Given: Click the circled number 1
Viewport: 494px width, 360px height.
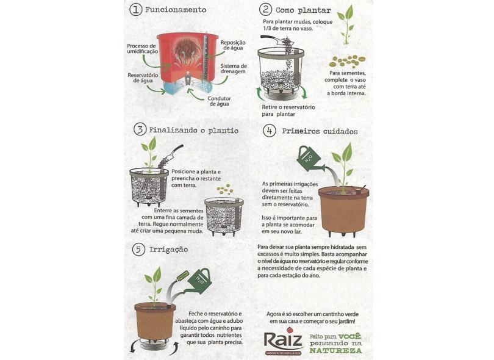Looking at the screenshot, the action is click(136, 9).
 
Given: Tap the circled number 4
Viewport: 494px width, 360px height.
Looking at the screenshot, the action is click(270, 131).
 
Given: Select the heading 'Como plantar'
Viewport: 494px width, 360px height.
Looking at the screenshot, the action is click(303, 10).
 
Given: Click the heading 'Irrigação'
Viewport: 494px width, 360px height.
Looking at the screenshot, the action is click(168, 250).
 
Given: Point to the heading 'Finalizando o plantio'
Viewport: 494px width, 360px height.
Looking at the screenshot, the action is click(193, 130).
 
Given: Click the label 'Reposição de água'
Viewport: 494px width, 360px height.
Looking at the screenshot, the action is click(233, 45).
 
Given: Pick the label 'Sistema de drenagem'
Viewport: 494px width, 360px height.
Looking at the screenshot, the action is click(234, 69).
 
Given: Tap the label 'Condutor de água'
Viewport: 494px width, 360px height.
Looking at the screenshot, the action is click(219, 101).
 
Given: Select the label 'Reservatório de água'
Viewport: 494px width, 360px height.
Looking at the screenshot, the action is click(143, 78).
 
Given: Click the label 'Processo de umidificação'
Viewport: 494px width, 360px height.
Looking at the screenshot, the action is click(142, 49).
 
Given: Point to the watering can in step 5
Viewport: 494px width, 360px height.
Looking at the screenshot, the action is click(199, 281).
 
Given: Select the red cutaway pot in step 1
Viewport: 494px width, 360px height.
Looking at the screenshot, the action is click(187, 63).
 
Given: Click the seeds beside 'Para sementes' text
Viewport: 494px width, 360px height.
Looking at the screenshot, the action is click(348, 62).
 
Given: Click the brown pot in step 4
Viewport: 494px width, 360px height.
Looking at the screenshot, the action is click(343, 211).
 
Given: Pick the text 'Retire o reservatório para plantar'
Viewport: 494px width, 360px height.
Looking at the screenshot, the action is click(288, 110).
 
